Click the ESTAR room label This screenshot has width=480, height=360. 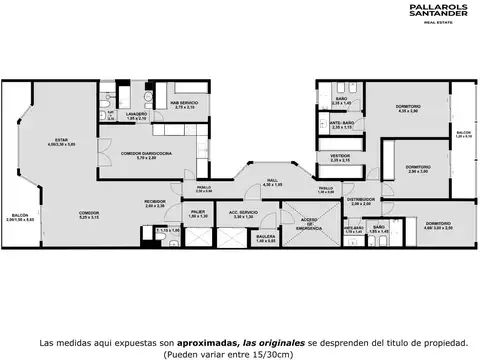(x=60, y=140)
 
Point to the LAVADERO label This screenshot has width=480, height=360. (x=136, y=114)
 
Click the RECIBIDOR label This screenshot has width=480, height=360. (x=154, y=204)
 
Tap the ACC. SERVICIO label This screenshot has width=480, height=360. (x=243, y=212)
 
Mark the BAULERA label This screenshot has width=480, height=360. (x=265, y=238)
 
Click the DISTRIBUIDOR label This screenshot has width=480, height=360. (x=360, y=199)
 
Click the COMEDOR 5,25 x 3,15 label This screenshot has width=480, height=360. (x=89, y=213)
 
